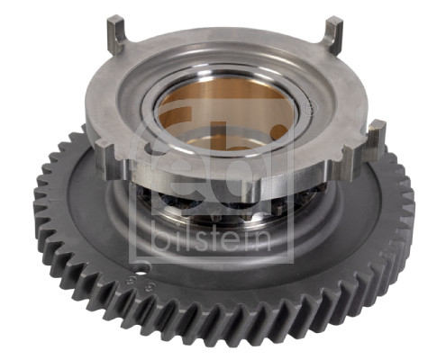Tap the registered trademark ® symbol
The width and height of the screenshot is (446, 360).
coord(309,109)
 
